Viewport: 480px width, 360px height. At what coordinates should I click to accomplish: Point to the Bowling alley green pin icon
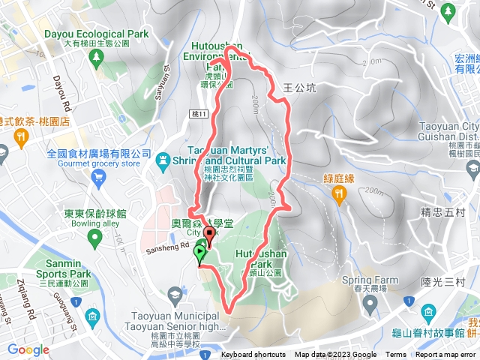(x=94, y=238)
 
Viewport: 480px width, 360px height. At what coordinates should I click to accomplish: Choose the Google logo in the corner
(x=28, y=349)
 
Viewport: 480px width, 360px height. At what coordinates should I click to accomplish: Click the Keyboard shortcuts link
(x=253, y=355)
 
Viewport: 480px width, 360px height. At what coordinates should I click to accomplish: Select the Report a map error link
(x=445, y=355)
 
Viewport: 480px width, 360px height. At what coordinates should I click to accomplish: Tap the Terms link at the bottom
(x=396, y=355)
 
